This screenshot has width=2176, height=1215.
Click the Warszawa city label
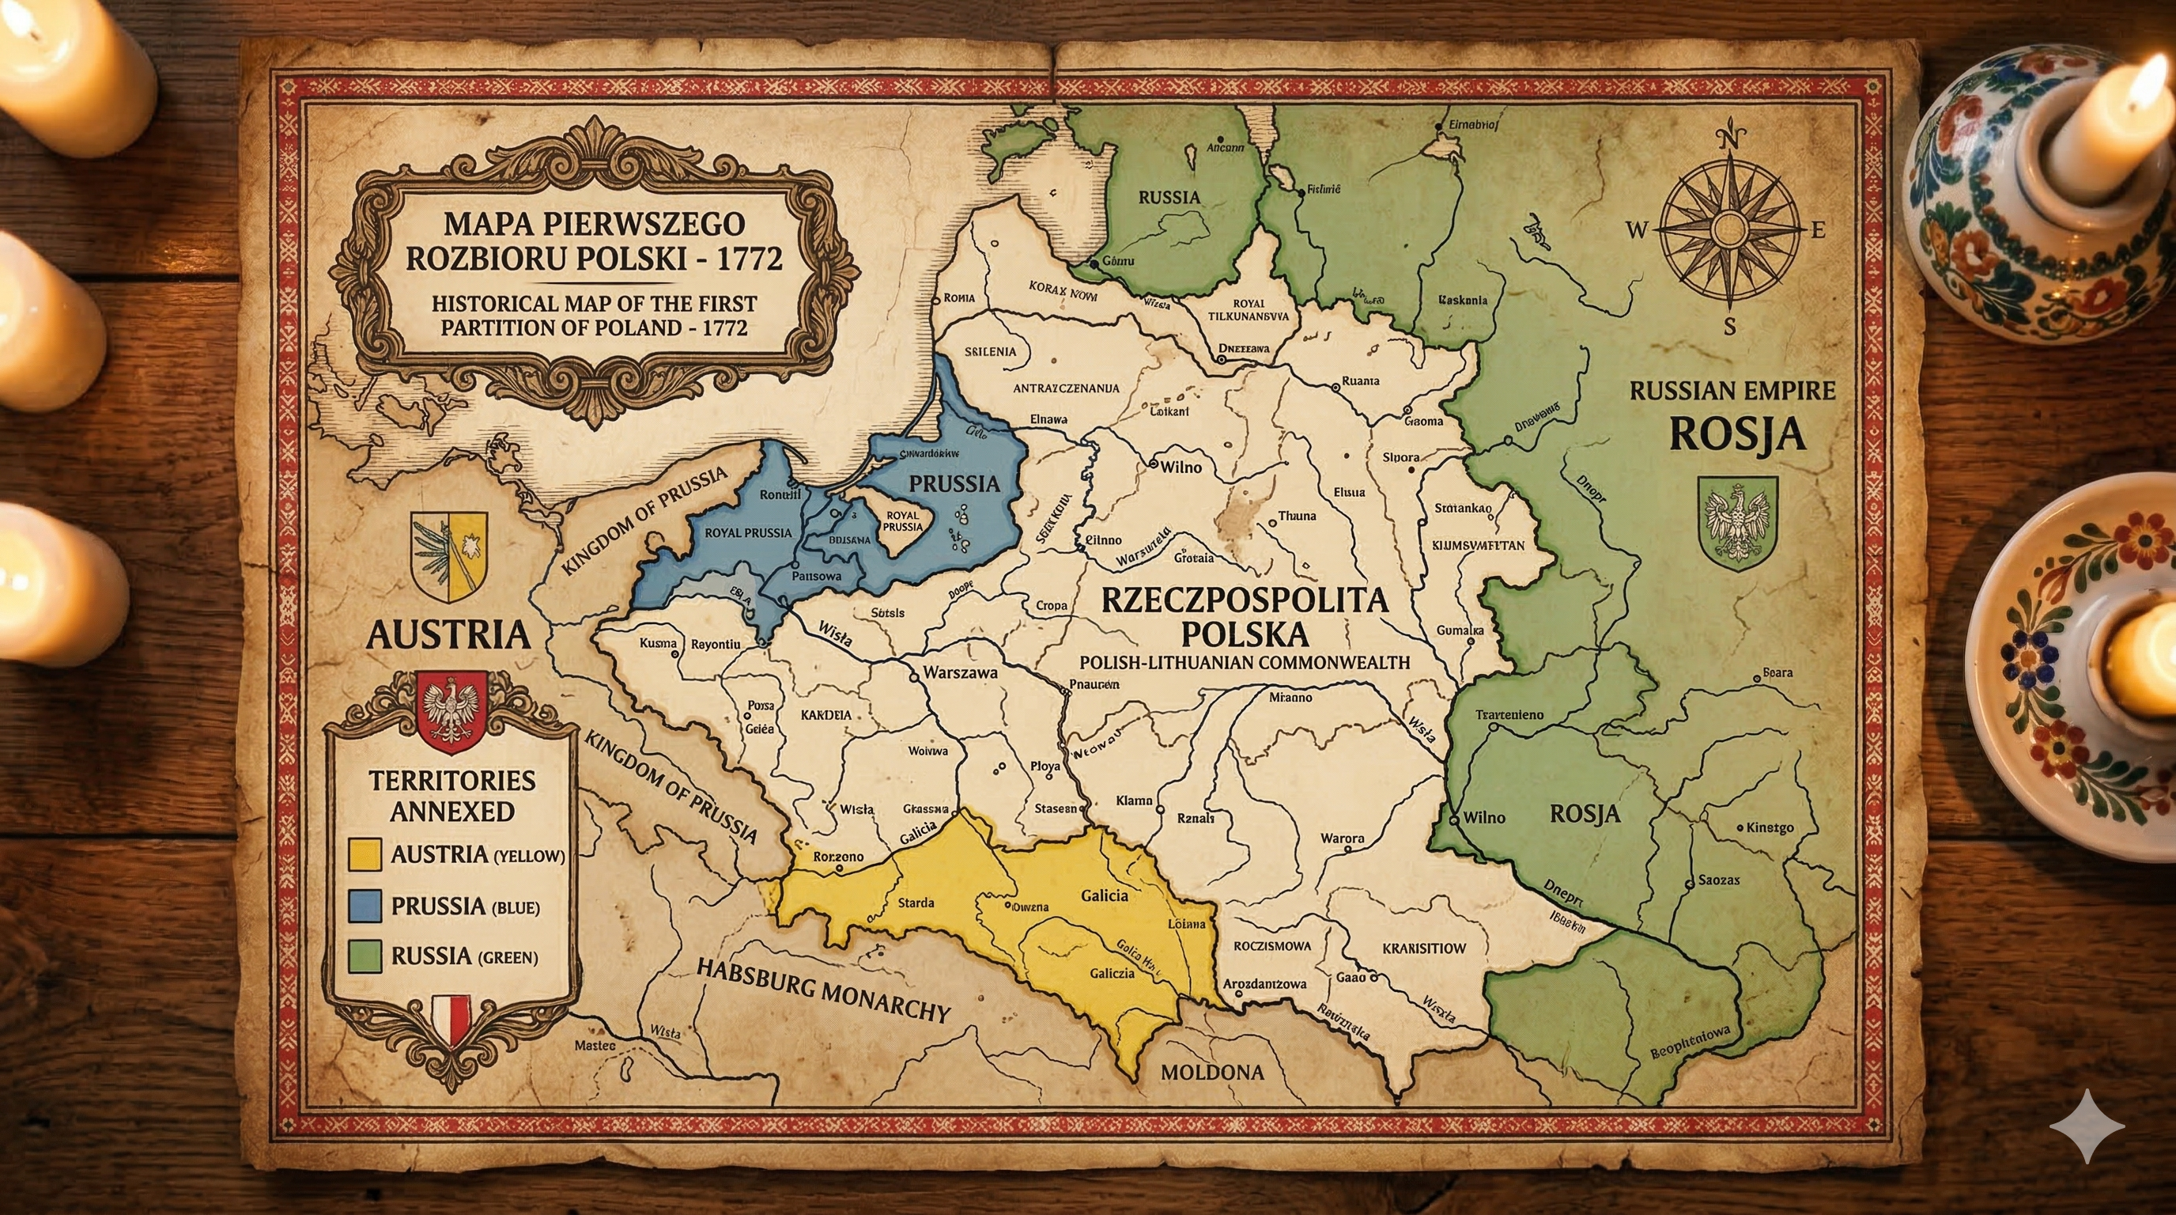tap(961, 673)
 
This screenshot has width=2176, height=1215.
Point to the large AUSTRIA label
tap(448, 634)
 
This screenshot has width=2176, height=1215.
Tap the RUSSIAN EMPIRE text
tap(1732, 392)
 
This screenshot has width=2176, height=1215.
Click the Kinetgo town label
tap(1769, 827)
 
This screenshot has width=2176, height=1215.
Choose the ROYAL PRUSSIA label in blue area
tap(747, 532)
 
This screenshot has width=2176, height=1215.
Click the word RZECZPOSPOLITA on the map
tap(1245, 600)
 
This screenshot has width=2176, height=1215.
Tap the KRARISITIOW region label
tap(1423, 948)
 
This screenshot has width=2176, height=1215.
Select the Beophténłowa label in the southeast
tap(1690, 1043)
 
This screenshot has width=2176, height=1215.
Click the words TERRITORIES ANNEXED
tap(452, 795)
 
